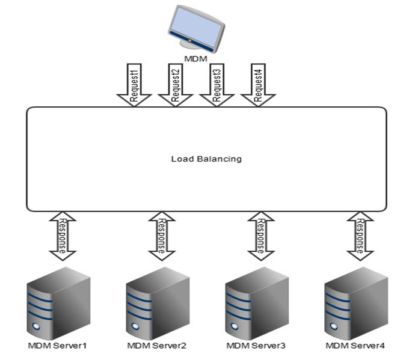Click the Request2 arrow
(174, 84)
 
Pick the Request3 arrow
(215, 84)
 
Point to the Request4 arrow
(257, 84)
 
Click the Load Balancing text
(206, 159)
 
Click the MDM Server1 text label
(58, 346)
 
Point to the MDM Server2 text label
(157, 346)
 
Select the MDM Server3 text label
(256, 346)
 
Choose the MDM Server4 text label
(355, 346)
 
